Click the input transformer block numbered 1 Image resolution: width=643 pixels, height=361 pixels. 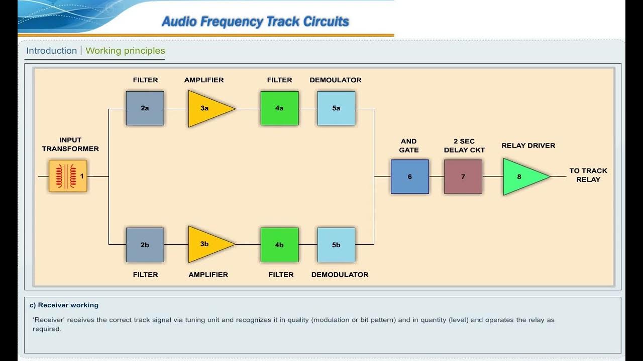68,176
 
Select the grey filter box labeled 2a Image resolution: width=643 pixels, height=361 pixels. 145,108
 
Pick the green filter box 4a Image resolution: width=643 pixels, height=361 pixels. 279,108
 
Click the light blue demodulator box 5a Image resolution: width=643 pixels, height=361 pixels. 336,108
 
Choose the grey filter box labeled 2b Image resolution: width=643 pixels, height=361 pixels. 145,245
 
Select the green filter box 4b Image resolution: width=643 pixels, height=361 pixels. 279,245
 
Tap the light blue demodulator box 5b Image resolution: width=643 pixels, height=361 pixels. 336,245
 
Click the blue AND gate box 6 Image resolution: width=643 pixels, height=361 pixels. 410,176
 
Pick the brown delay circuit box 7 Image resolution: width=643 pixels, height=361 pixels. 463,176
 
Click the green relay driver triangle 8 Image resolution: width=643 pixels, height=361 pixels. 522,176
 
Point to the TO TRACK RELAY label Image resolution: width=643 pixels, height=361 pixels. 588,175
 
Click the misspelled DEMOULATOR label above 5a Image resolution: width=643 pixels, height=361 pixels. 336,80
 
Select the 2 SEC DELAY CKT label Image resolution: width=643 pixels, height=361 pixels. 464,145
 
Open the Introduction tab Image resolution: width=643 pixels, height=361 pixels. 51,51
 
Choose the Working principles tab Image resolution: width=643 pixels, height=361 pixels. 125,51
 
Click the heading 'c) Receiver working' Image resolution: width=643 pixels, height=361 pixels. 64,305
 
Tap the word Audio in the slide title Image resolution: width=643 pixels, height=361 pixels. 179,22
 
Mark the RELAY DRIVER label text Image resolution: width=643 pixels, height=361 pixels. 528,145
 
